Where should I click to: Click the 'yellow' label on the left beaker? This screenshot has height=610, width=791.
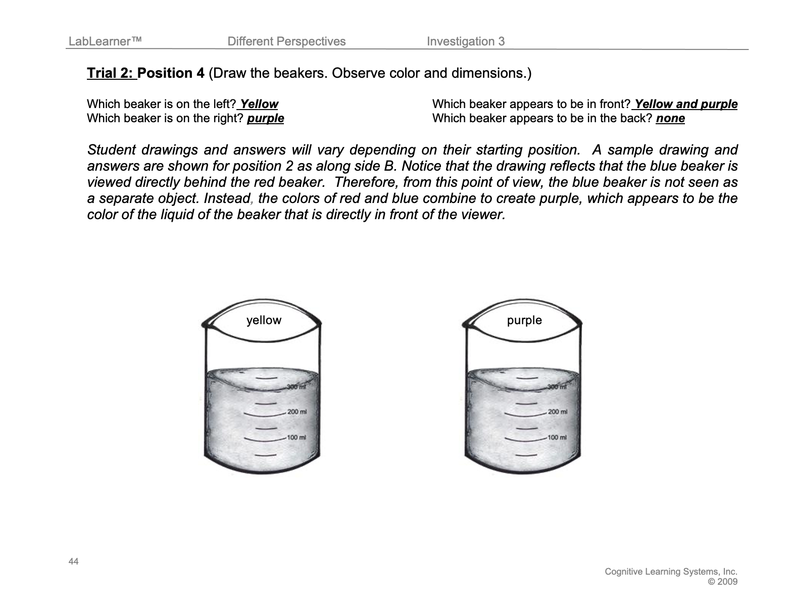pos(264,320)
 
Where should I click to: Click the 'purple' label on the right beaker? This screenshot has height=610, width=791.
pos(524,320)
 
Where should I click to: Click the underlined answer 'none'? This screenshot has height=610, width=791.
pos(670,118)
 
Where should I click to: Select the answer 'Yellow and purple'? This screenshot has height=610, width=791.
pos(685,104)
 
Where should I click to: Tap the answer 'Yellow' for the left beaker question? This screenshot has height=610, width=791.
pos(259,104)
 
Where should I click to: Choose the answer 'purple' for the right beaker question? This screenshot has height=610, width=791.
pos(265,118)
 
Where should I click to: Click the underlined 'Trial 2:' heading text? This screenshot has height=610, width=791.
pos(111,73)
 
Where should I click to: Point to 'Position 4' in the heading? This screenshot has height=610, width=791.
pos(171,73)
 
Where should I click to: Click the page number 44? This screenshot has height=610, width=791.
pos(73,562)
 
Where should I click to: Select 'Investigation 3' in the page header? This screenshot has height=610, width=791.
pos(465,41)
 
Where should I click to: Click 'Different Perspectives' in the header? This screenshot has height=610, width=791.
pos(286,41)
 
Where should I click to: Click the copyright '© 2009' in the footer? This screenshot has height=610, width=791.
pos(723,581)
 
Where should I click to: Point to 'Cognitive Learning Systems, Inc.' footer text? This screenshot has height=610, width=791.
pos(671,572)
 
